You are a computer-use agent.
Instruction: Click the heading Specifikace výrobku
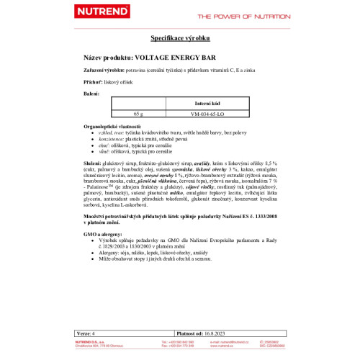point(180,37)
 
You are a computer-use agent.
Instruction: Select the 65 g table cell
point(139,113)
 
